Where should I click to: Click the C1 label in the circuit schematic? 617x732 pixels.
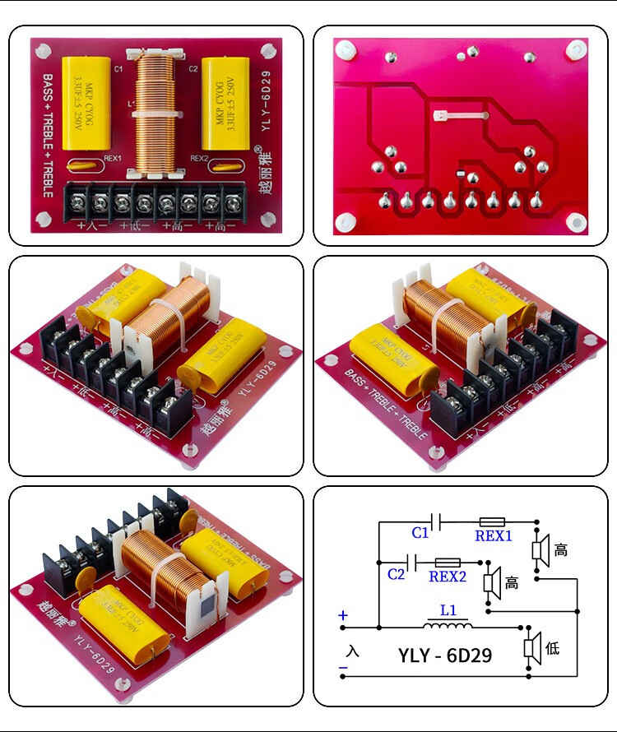tap(420, 533)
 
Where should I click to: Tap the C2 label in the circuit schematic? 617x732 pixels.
tap(397, 574)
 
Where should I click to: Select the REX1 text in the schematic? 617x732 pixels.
tap(494, 536)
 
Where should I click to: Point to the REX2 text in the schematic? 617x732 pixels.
tap(448, 577)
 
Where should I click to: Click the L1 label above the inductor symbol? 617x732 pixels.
tap(448, 612)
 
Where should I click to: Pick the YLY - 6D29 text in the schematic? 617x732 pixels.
tap(445, 656)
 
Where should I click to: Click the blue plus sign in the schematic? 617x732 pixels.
tap(343, 615)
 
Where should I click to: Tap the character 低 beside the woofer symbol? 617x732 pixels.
tap(552, 648)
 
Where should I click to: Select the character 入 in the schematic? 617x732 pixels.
tap(353, 651)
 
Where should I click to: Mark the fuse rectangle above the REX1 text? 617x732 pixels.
tap(493, 521)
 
